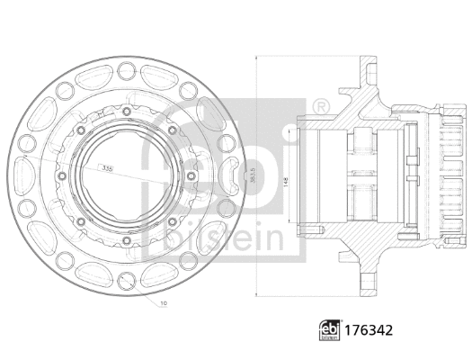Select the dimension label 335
109,167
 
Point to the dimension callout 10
162,303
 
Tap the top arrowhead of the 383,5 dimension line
257,56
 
